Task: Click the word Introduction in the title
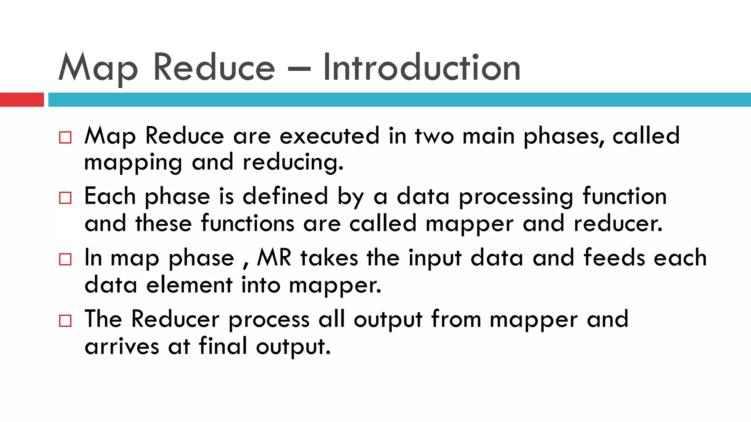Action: click(x=421, y=68)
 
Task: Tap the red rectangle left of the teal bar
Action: click(x=22, y=100)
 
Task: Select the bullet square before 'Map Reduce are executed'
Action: click(x=65, y=138)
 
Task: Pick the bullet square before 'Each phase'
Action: click(x=65, y=198)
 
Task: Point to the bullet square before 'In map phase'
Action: click(x=65, y=260)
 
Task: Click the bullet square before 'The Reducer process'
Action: click(x=65, y=321)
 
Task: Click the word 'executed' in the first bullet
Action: click(x=329, y=136)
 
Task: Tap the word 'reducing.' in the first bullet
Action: click(x=293, y=162)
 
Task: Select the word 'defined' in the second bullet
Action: click(x=285, y=196)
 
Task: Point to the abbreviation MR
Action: click(x=274, y=258)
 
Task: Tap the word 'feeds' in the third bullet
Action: click(x=614, y=258)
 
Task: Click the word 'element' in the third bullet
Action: click(x=189, y=285)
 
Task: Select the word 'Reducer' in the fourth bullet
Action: click(x=175, y=319)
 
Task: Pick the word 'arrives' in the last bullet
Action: click(x=122, y=347)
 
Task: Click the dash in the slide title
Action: click(x=299, y=68)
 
